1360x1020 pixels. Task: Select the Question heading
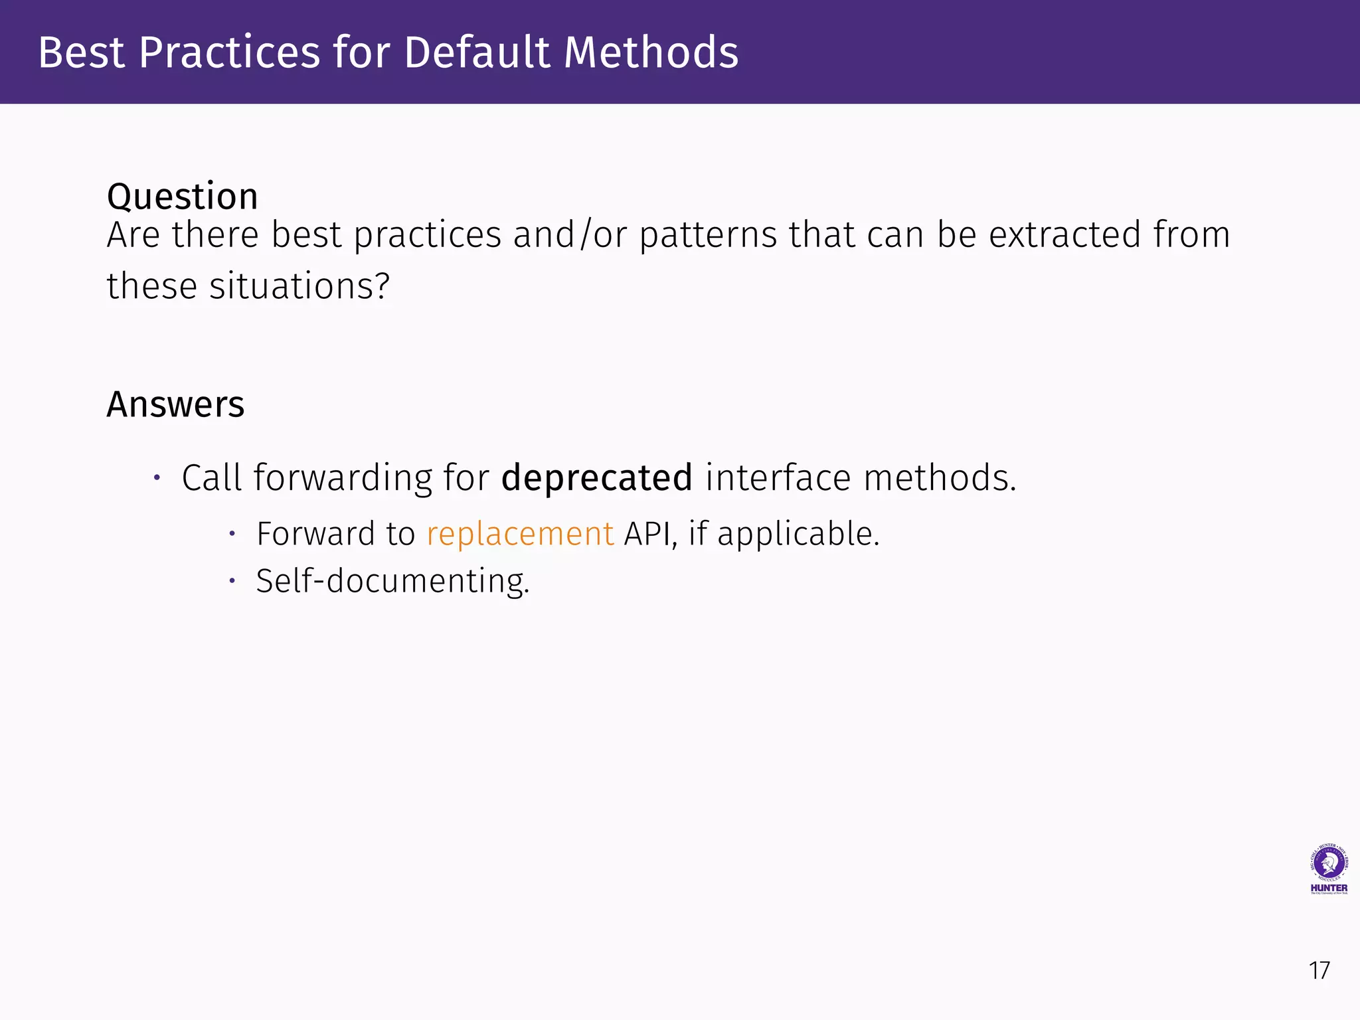183,197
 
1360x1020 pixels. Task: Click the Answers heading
175,404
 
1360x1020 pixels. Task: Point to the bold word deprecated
596,478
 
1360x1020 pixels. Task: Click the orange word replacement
520,534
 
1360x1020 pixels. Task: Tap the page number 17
1319,970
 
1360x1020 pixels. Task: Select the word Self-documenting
392,581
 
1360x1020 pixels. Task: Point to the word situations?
299,286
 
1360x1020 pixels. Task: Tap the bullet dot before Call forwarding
157,477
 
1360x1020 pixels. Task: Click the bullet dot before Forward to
232,533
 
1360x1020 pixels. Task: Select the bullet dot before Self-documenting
232,581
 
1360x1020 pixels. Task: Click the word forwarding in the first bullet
343,478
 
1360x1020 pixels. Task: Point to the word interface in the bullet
778,478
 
